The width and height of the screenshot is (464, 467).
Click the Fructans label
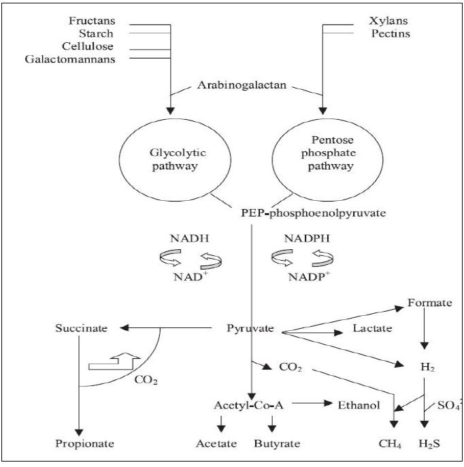[x=91, y=20]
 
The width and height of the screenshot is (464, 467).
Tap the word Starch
[x=97, y=33]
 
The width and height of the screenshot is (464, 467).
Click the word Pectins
[x=390, y=33]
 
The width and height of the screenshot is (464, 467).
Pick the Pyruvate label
[x=250, y=328]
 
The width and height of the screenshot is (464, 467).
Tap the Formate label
[x=429, y=302]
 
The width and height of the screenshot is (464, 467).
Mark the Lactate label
[x=372, y=328]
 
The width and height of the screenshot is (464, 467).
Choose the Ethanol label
[x=358, y=404]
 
